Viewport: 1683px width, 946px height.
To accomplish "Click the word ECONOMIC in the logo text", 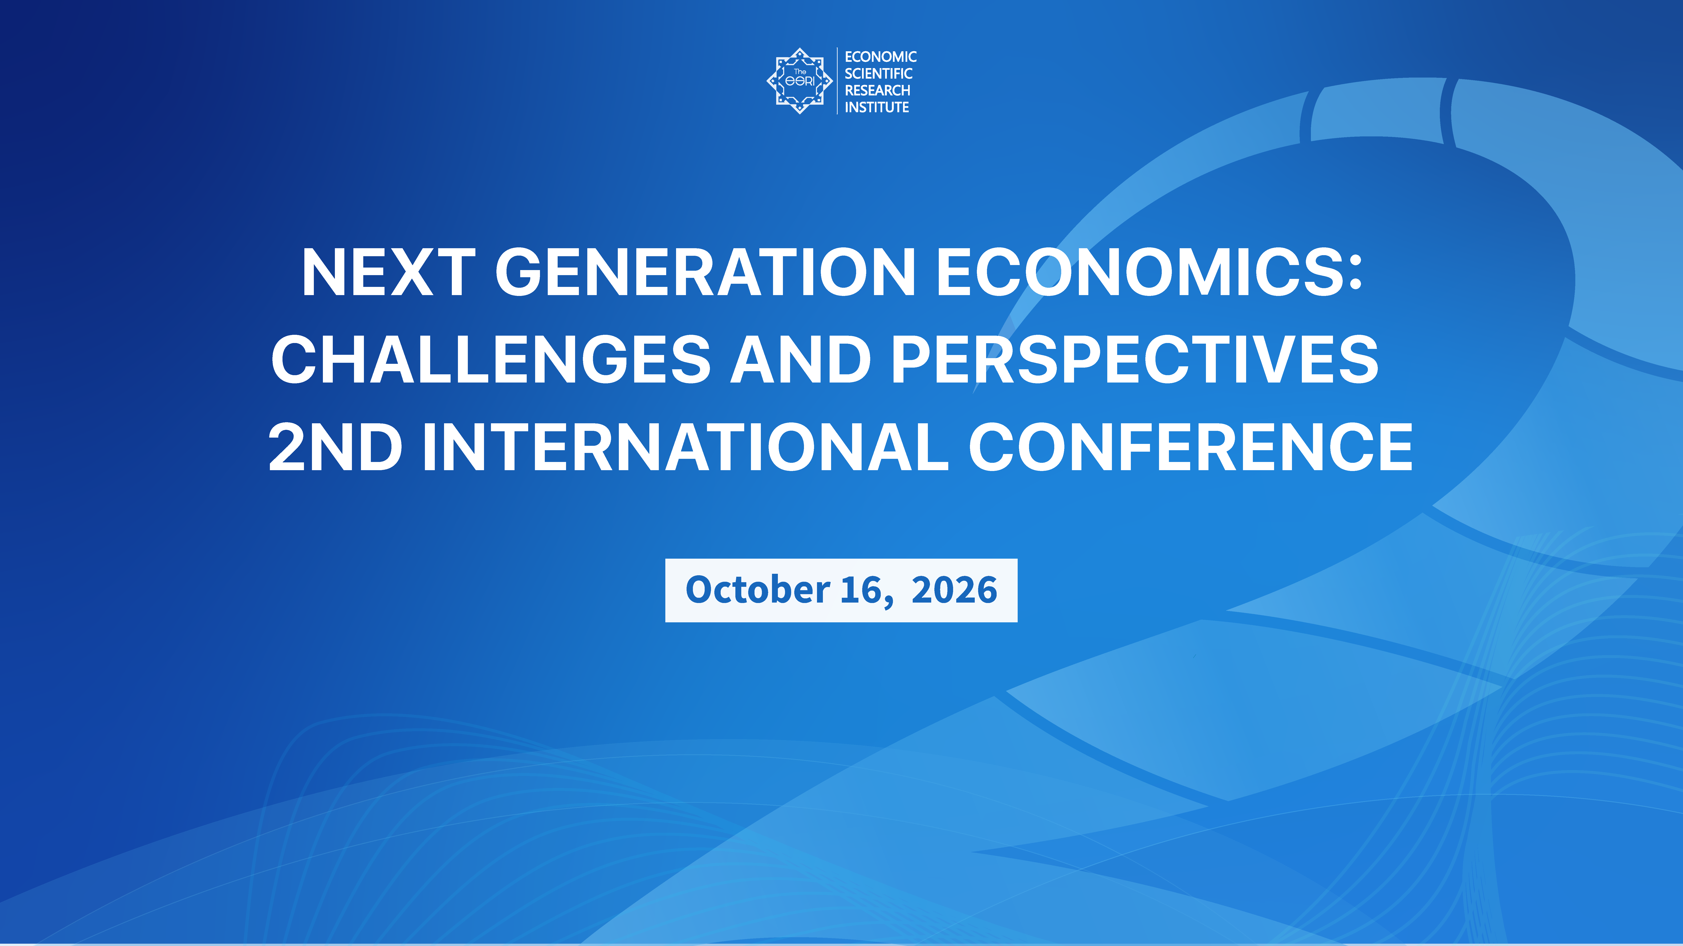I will pyautogui.click(x=880, y=57).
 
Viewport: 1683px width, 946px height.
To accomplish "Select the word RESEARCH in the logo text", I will pyautogui.click(x=877, y=90).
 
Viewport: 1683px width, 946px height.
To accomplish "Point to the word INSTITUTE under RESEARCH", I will pyautogui.click(x=876, y=107).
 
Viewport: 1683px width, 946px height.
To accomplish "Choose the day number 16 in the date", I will pyautogui.click(x=861, y=590).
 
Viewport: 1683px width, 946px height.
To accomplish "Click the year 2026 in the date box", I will pyautogui.click(x=954, y=590).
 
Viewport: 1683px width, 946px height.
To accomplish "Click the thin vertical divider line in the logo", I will pyautogui.click(x=837, y=81).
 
